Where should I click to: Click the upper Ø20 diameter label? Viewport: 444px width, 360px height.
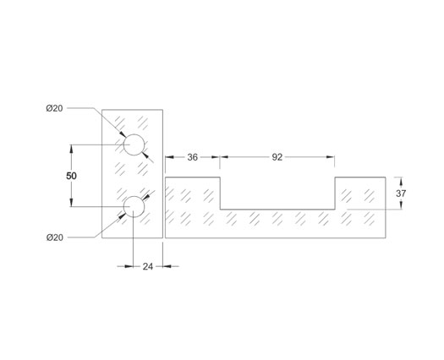tap(54, 108)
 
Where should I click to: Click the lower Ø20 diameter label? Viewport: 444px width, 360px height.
tap(55, 237)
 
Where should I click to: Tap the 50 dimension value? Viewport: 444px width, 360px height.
tap(71, 176)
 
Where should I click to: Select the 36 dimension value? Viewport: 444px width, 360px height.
tap(192, 157)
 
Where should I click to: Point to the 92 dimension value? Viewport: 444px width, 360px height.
tap(277, 157)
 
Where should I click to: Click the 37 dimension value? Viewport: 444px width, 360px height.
tap(401, 194)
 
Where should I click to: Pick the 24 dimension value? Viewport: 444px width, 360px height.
tap(147, 266)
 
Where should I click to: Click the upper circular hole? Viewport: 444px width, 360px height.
tap(134, 145)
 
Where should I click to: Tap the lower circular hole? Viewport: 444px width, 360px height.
tap(134, 207)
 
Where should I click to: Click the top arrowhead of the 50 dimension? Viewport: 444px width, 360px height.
tap(71, 149)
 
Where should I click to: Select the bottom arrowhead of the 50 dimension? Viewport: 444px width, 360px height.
tap(71, 203)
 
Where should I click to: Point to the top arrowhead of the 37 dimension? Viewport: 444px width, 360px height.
tap(401, 181)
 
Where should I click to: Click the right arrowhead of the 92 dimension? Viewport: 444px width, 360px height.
tap(331, 157)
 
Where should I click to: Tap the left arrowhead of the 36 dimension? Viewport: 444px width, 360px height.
tap(169, 157)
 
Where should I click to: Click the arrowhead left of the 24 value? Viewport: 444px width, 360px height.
tap(129, 266)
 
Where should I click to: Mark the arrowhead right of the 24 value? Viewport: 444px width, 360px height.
tap(167, 266)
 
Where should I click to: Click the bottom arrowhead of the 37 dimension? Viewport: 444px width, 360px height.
tap(401, 205)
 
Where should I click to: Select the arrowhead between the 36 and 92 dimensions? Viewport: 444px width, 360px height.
tap(220, 157)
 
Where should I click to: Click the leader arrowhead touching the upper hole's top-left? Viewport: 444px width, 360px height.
tap(123, 134)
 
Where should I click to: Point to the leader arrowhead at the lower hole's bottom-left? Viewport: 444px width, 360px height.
tap(123, 216)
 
